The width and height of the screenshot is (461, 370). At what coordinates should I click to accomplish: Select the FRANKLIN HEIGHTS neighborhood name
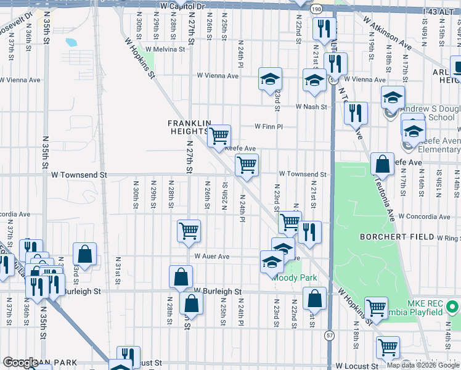[189, 127]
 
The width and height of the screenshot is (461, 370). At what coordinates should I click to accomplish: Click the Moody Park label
[296, 277]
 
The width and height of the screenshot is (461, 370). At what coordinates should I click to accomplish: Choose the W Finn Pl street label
[269, 126]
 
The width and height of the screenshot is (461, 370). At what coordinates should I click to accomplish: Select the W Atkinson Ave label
[387, 33]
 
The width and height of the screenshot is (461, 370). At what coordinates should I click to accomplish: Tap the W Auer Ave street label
[212, 257]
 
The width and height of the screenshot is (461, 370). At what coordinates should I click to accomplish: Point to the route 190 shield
[316, 9]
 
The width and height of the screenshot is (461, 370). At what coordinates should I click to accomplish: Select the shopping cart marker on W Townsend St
[247, 165]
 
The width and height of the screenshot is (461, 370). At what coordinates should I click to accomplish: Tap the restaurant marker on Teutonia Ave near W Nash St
[356, 112]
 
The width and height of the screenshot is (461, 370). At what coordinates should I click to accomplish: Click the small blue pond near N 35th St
[71, 43]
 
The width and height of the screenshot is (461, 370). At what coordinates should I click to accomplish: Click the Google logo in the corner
[20, 363]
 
